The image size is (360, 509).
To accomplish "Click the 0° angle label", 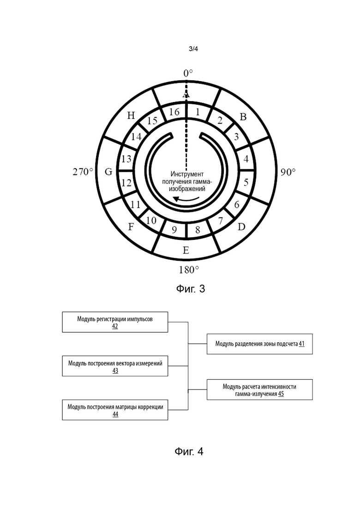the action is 188,73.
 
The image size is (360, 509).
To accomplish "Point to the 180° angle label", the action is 189,269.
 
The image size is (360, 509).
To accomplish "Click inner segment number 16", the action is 174,112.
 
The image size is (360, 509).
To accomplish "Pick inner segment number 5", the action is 246,182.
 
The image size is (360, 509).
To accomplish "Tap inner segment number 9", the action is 174,230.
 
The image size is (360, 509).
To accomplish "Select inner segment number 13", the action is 126,159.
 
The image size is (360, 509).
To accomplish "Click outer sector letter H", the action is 131,115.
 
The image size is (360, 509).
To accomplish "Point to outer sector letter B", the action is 243,117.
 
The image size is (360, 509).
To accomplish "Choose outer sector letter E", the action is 186,250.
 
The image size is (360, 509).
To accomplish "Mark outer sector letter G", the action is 108,171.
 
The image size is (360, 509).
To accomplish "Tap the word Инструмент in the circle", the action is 187,174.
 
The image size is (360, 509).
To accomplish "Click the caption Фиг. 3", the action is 191,288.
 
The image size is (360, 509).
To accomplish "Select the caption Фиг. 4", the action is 189,451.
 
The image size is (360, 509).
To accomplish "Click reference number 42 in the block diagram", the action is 115,326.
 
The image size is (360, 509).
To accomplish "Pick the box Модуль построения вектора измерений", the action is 115,366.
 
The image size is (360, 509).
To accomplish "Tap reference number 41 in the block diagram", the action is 301,343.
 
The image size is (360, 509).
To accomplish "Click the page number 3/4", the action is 193,49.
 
